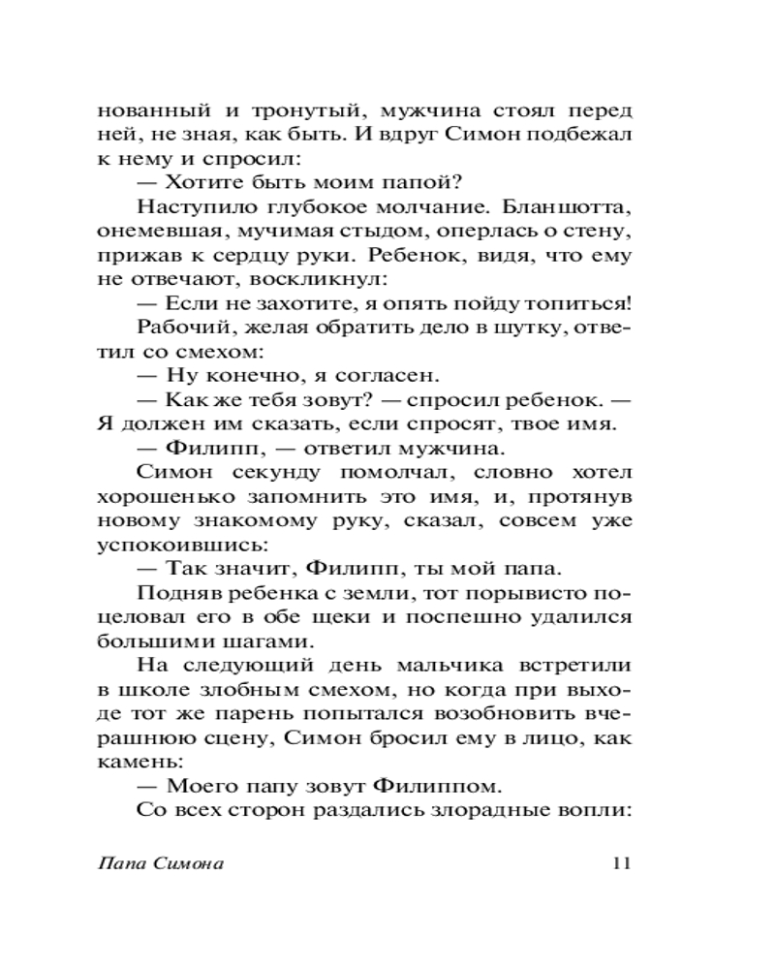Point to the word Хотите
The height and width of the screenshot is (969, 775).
click(215, 181)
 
